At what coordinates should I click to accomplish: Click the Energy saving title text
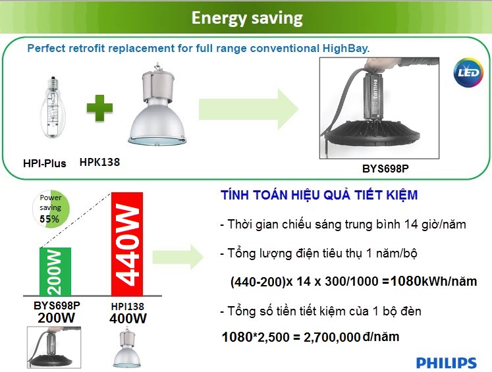coord(246,18)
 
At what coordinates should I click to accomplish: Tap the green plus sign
coord(99,109)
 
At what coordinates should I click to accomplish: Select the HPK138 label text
coord(99,161)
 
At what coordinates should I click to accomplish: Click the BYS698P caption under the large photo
coord(385,169)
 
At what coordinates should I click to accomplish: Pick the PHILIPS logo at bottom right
coord(446,363)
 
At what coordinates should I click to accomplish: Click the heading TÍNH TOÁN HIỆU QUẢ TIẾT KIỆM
coord(319,196)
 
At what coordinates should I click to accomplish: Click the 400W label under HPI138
coord(128,319)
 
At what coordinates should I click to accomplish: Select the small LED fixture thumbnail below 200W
coord(50,347)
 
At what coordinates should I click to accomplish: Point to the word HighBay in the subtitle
coord(345,48)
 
